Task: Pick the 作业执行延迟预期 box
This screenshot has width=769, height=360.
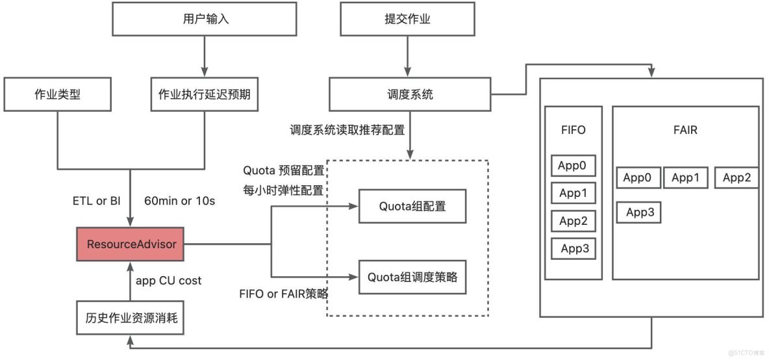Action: click(x=205, y=94)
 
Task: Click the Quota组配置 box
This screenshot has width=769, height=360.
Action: click(x=412, y=207)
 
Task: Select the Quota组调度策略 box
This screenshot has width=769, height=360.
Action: click(x=412, y=277)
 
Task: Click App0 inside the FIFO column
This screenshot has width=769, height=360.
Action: click(x=574, y=166)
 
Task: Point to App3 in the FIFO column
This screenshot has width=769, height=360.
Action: click(x=574, y=248)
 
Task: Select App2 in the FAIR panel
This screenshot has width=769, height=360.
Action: click(x=737, y=177)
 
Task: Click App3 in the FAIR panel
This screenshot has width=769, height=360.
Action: click(x=640, y=212)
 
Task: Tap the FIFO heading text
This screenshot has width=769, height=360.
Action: click(x=573, y=130)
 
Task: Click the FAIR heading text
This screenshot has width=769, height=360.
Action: click(x=685, y=130)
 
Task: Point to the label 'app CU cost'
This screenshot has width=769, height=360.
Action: click(x=168, y=281)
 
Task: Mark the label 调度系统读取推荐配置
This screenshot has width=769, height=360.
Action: click(x=347, y=130)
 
